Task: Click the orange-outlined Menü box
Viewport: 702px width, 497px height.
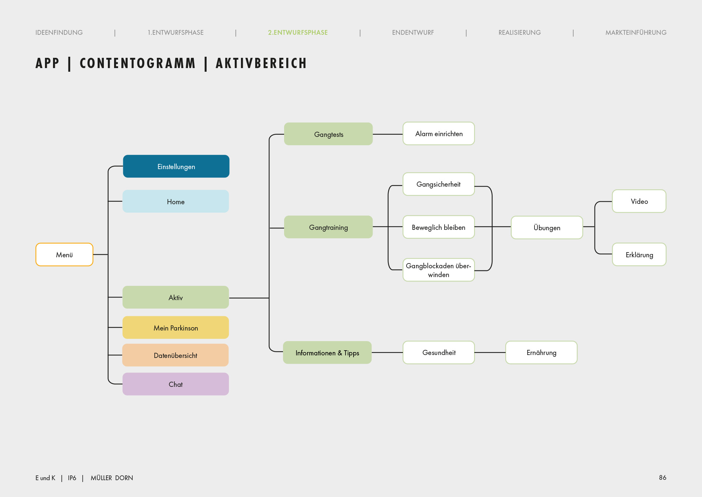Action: click(x=64, y=254)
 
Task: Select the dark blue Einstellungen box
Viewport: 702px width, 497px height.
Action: click(x=176, y=166)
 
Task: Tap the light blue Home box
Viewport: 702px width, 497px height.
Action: click(x=175, y=201)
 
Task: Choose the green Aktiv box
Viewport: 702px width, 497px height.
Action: click(x=175, y=297)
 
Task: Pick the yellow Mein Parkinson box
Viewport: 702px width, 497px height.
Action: click(x=175, y=328)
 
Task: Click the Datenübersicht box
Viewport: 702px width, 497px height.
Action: click(x=175, y=355)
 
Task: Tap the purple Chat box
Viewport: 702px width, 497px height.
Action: click(x=175, y=384)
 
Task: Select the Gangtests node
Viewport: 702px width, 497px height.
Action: click(x=328, y=134)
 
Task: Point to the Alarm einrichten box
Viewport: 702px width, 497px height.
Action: click(x=439, y=134)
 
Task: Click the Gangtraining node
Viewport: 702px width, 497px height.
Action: click(x=328, y=227)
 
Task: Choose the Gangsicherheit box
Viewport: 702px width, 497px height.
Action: click(x=439, y=184)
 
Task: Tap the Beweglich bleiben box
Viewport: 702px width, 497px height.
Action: click(x=439, y=227)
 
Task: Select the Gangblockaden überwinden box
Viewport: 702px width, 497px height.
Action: click(x=439, y=270)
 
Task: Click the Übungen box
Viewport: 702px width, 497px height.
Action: click(x=547, y=227)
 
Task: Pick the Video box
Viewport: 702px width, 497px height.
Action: click(x=639, y=201)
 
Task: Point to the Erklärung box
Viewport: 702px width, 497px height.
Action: click(x=639, y=254)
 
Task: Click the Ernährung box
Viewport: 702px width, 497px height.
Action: click(x=541, y=352)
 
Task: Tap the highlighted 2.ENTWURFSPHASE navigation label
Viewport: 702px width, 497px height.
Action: click(x=298, y=33)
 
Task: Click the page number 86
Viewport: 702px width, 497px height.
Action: click(x=663, y=478)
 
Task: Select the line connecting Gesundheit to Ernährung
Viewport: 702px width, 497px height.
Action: click(x=490, y=352)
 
